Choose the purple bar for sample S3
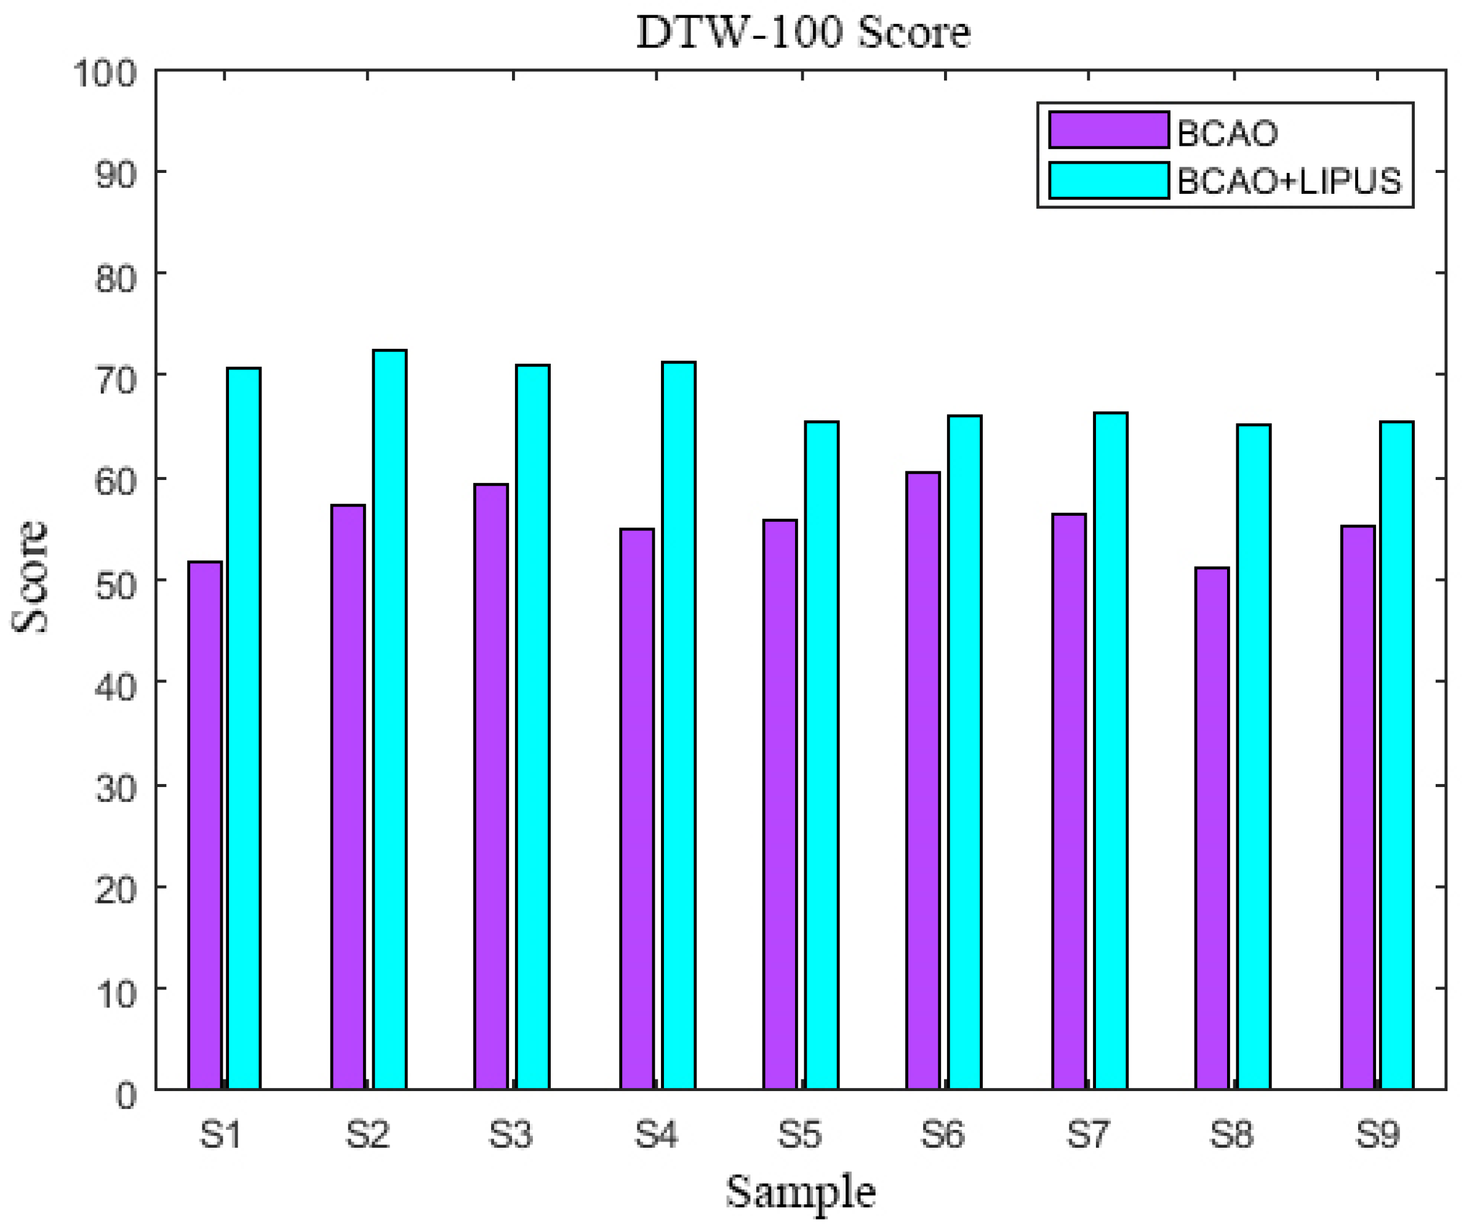point(490,785)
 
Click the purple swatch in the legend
point(1108,130)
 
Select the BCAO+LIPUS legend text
point(1289,181)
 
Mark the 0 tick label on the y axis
point(126,1094)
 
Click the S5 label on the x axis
point(799,1134)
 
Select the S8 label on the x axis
point(1231,1134)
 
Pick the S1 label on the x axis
point(221,1134)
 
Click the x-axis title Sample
point(801,1192)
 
